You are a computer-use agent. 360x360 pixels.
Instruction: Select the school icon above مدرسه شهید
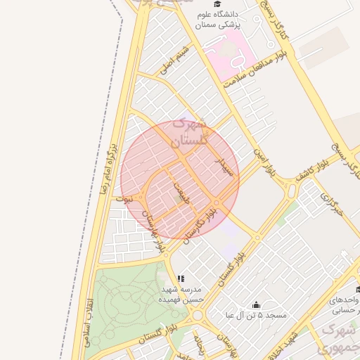pyautogui.click(x=181, y=278)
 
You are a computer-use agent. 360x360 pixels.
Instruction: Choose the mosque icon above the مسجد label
pyautogui.click(x=256, y=304)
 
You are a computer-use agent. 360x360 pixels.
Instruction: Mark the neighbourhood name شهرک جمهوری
pyautogui.click(x=337, y=337)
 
